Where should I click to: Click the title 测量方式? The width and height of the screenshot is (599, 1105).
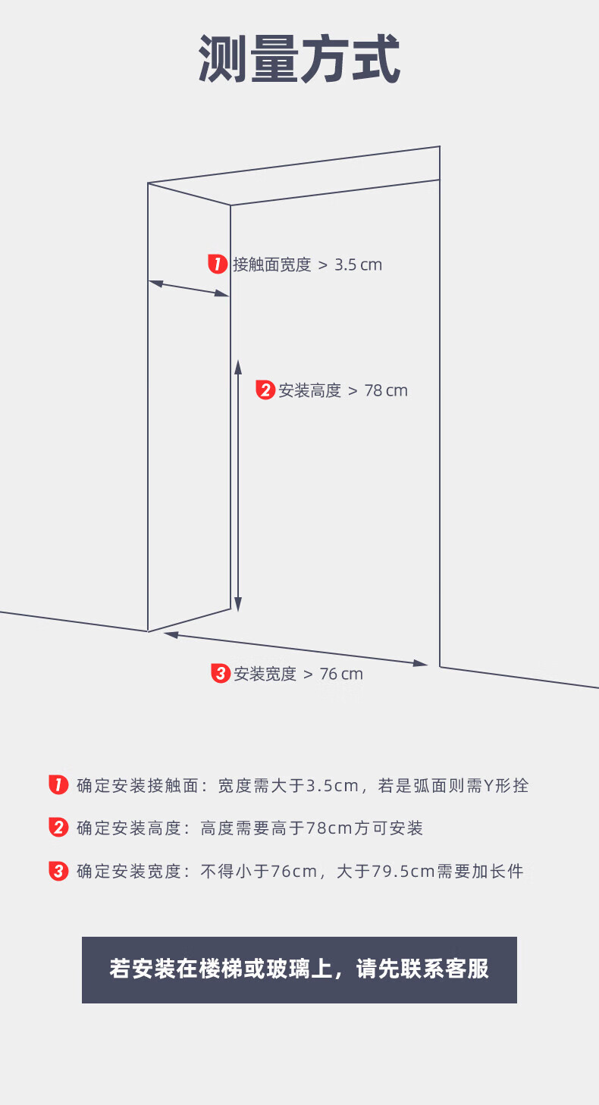coord(299,59)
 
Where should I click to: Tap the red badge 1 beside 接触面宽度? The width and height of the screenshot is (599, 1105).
coord(217,265)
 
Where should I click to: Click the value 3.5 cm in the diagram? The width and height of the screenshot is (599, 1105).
coord(359,265)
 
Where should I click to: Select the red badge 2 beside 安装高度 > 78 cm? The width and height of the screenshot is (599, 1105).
coord(265,390)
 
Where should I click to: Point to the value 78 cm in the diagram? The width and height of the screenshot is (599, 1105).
coord(386,391)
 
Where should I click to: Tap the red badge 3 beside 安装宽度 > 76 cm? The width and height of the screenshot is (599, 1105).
coord(220,673)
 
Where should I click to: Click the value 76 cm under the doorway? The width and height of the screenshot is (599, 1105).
coord(341,674)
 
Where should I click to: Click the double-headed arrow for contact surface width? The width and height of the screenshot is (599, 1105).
coord(189,289)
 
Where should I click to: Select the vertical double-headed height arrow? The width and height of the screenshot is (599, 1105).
coord(237,485)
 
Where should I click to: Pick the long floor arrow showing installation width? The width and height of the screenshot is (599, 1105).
coord(296,649)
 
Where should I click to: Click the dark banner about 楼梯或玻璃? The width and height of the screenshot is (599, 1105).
coord(299,969)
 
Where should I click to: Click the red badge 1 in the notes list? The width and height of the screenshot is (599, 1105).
coord(58,785)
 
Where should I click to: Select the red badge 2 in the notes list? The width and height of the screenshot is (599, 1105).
coord(58,828)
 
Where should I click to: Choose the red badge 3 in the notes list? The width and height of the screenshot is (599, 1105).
coord(58,871)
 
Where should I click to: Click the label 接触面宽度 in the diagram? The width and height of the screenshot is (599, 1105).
coord(272,265)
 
